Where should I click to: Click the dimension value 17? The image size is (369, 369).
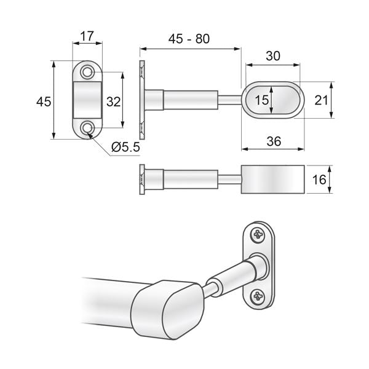[x=87, y=36]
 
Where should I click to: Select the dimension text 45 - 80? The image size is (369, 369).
[x=189, y=39]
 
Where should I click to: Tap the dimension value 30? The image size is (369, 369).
[x=272, y=56]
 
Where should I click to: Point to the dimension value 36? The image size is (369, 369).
[x=274, y=141]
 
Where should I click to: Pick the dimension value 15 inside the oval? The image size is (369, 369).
[x=261, y=100]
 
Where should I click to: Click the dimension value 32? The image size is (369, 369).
[x=113, y=101]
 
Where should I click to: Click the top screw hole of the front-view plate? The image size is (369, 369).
[x=88, y=72]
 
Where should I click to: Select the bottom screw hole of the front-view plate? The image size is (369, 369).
[x=88, y=128]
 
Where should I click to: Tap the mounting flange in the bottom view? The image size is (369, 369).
[x=142, y=179]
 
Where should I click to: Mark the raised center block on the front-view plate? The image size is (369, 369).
[x=88, y=100]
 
